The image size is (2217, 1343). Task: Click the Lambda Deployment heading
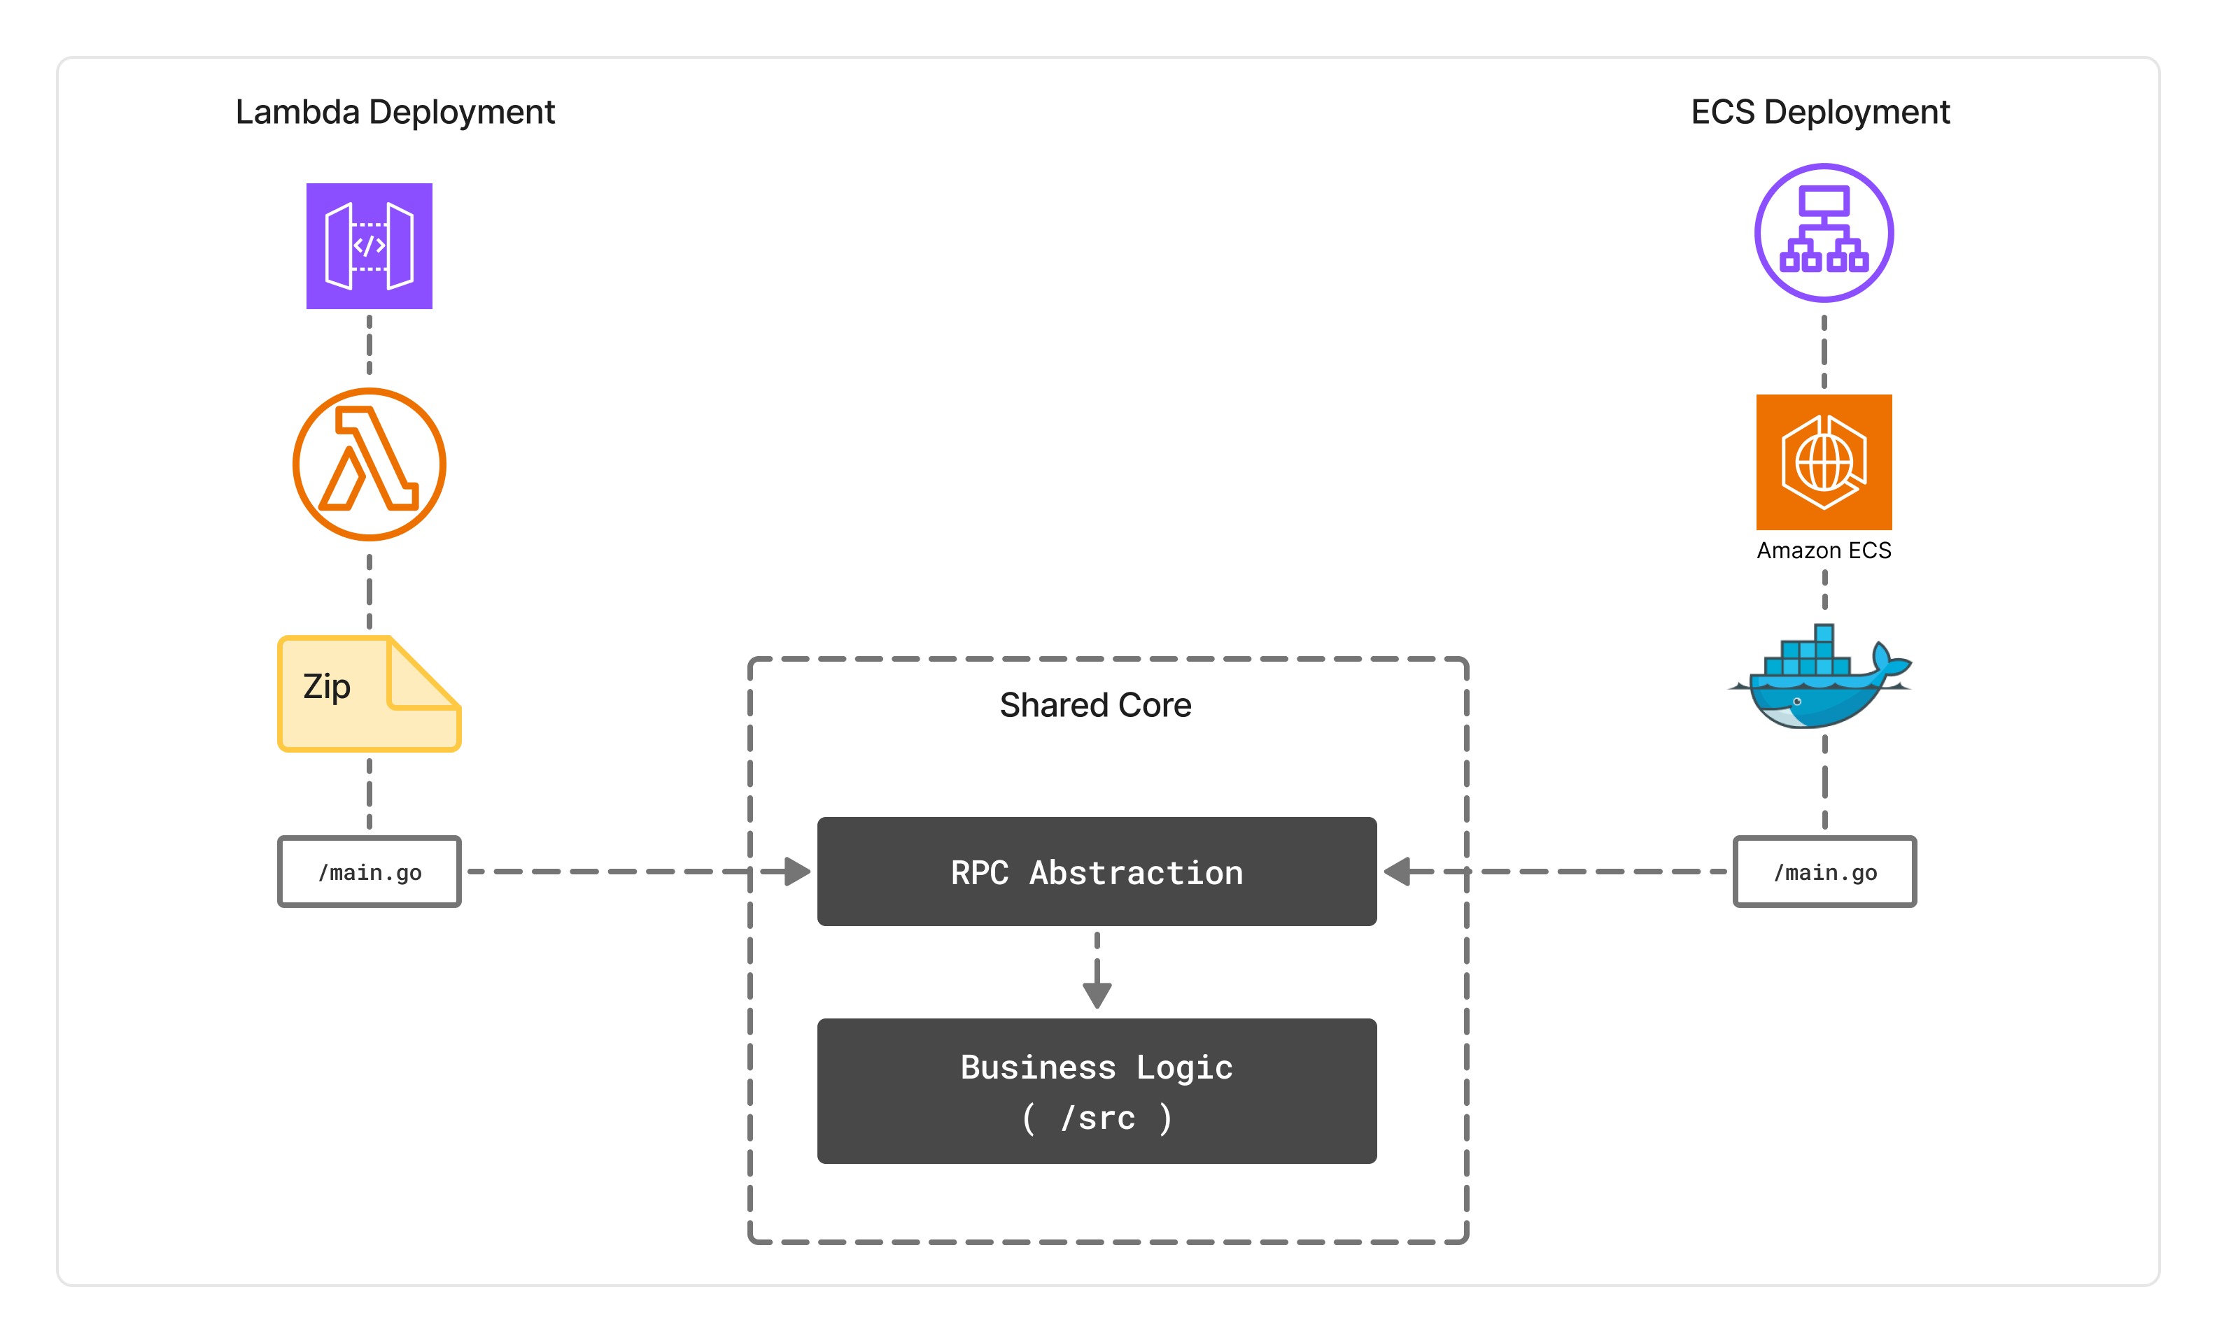(395, 113)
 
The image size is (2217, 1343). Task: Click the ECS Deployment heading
(1820, 113)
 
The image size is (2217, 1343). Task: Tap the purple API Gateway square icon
(369, 246)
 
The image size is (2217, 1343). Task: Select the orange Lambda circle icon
(369, 464)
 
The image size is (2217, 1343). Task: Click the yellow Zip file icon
(369, 695)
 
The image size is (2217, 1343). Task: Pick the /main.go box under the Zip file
(369, 872)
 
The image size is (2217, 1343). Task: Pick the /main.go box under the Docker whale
(1824, 872)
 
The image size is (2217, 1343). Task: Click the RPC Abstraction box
(1096, 871)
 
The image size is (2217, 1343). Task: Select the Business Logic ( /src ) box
(1096, 1090)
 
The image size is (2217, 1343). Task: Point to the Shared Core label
(1095, 705)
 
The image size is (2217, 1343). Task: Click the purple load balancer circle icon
(1824, 232)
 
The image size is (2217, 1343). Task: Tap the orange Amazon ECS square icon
(1824, 462)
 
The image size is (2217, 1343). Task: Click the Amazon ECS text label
(1824, 550)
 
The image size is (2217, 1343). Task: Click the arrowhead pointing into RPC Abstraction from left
(797, 872)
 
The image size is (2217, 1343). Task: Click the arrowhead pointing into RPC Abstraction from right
(1398, 872)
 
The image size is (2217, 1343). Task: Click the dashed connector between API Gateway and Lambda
(369, 346)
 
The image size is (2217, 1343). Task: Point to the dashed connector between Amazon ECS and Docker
(1824, 590)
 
